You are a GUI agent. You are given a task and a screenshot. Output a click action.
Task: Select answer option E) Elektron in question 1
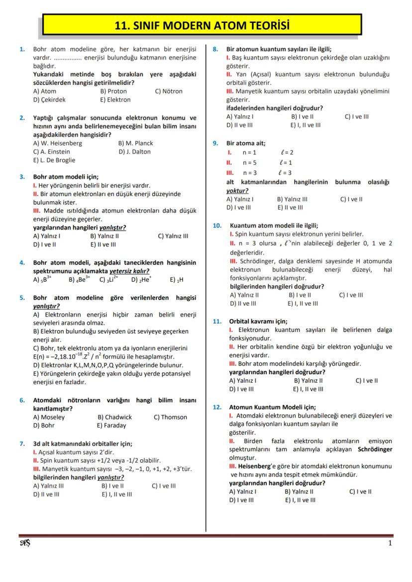(115, 99)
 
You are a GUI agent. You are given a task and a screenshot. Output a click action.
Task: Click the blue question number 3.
(22, 176)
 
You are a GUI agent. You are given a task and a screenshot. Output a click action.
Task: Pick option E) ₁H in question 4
(177, 280)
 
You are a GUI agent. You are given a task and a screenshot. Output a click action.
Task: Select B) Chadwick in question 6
(114, 417)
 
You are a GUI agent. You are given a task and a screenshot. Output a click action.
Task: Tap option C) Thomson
(170, 417)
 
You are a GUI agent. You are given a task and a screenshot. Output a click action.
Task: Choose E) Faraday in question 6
(111, 425)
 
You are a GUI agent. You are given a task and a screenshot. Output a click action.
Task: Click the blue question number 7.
(22, 443)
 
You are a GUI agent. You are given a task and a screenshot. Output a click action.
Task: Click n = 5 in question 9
(249, 163)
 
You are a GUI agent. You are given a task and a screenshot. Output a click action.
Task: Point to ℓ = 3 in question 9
(286, 173)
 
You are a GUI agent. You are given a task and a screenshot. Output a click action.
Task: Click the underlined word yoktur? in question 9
(237, 190)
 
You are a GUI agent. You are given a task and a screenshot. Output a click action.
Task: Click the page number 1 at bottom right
(390, 543)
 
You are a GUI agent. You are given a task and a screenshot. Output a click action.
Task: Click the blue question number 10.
(217, 225)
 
